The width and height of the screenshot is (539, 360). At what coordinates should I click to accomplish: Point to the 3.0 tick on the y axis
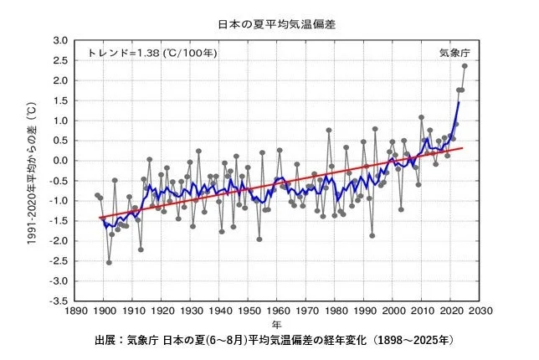[x=60, y=40]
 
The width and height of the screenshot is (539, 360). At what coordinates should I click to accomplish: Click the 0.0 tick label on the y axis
[x=60, y=161]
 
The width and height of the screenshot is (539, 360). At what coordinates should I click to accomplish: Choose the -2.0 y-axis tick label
[x=59, y=241]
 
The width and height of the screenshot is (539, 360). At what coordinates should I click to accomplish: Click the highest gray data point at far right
[x=465, y=66]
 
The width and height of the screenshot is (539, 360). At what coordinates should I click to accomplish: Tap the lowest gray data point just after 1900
[x=109, y=262]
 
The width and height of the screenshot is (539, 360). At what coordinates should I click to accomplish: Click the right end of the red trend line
[x=462, y=148]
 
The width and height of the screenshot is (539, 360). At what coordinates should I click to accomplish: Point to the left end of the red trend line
[x=99, y=218]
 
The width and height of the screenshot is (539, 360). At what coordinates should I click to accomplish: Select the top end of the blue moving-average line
[x=459, y=102]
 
